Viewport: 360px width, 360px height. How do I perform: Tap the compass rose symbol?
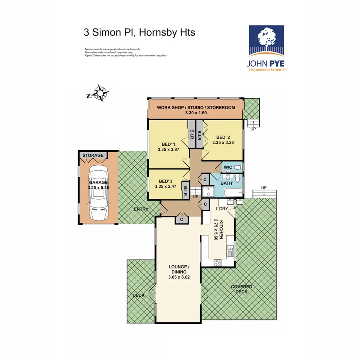coord(102,93)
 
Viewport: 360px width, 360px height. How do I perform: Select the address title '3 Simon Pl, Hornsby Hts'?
coord(139,32)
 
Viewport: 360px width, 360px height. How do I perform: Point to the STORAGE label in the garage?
coord(93,155)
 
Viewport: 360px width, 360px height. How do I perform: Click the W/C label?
coord(228,167)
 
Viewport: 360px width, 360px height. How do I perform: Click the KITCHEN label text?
coord(222,230)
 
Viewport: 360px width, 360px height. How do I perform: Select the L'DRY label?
coord(222,209)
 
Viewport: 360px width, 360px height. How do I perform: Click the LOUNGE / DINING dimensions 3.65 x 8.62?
coord(179,277)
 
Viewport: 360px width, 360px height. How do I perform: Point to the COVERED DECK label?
coord(241,289)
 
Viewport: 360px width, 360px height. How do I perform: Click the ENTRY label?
coord(141,209)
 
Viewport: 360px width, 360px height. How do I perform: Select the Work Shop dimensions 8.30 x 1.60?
coord(195,113)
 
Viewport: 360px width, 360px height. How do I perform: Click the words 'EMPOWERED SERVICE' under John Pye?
coord(267,70)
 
